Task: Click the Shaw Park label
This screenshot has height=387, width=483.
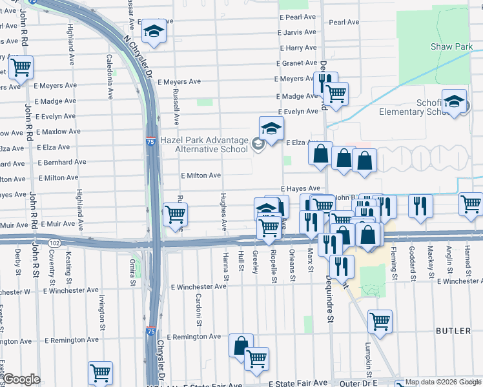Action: tap(451, 46)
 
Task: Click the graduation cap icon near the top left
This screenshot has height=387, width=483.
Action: tap(154, 32)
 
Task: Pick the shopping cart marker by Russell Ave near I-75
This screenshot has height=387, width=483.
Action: tap(175, 214)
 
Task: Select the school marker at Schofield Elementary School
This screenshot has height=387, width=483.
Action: tap(455, 103)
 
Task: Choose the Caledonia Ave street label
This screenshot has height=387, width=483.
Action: tap(110, 75)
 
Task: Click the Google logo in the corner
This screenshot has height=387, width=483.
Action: tap(21, 379)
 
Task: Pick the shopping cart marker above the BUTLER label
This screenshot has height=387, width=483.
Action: tap(380, 321)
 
